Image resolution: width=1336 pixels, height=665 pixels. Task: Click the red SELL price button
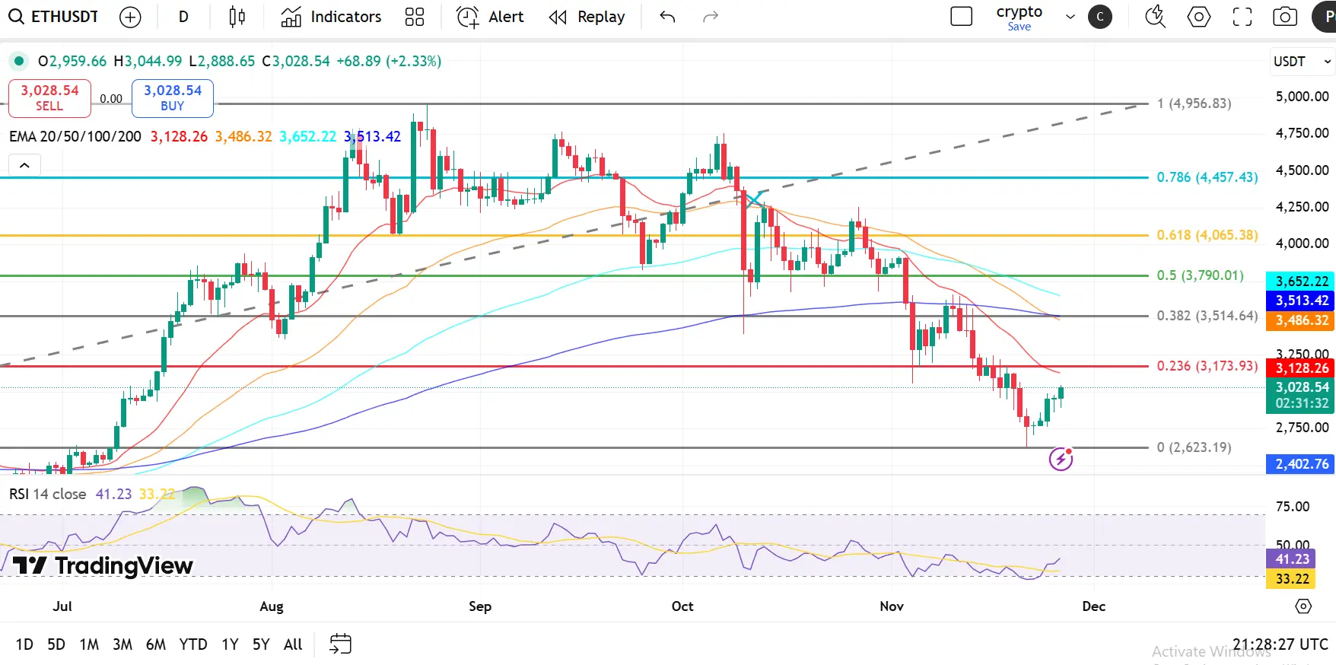point(49,98)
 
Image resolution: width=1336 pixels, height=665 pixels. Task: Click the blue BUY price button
point(173,98)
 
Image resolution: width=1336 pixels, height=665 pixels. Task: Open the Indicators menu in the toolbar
point(331,17)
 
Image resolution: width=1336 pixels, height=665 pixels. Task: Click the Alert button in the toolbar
point(491,17)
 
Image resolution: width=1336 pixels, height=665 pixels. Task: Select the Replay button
point(587,17)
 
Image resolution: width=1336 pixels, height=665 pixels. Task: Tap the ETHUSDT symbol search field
point(54,17)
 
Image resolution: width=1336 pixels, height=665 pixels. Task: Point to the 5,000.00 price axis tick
point(1302,97)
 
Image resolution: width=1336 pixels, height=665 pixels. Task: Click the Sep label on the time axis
point(480,606)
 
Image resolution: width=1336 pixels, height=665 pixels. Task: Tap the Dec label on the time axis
point(1093,606)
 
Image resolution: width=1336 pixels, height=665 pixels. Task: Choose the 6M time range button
point(156,644)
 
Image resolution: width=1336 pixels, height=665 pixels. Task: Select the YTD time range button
point(193,644)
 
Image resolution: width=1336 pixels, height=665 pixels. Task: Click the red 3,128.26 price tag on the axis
point(1301,368)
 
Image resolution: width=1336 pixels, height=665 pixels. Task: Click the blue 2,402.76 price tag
point(1301,464)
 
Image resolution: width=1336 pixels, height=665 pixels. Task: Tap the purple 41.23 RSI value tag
point(1292,559)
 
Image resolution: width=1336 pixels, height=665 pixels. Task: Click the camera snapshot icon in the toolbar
point(1285,17)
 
